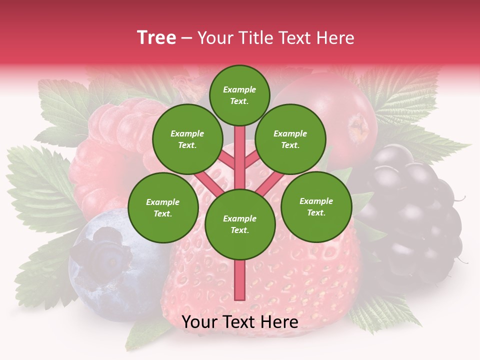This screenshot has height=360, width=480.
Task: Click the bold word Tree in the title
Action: point(156,38)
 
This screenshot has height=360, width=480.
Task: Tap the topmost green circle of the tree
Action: point(239,95)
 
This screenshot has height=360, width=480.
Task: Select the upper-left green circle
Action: point(187,139)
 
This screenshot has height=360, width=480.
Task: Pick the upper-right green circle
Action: point(290,139)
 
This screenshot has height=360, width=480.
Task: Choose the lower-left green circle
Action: point(163,208)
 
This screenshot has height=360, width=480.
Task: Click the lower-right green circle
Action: point(316,207)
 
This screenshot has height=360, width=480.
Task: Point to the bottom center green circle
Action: point(240,224)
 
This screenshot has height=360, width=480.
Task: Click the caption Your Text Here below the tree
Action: point(240,322)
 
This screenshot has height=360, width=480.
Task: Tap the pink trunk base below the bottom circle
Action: point(239,282)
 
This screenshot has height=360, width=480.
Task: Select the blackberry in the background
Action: point(410,210)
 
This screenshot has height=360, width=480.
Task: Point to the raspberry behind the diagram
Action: point(115,150)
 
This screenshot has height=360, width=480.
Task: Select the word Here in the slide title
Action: point(334,38)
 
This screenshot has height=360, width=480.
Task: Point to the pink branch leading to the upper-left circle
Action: point(228,161)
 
